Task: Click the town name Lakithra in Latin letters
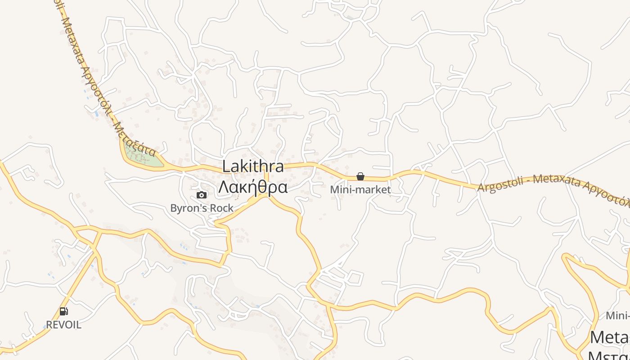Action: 253,166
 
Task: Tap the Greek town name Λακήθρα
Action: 253,187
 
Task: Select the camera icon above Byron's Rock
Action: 202,195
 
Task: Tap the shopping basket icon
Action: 360,176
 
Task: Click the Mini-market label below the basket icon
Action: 360,190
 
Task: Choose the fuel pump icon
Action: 63,311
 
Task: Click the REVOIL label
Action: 63,325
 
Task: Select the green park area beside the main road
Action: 143,157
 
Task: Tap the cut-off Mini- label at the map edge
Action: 618,315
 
